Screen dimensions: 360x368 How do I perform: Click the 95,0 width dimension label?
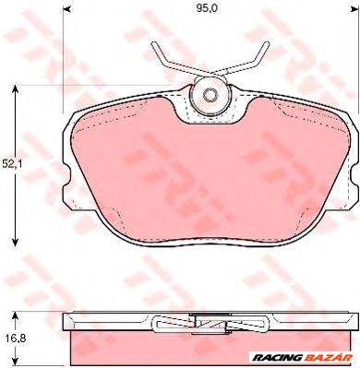tap(207, 8)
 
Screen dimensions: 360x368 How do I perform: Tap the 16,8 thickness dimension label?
tap(14, 338)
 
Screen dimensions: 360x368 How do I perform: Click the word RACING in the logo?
tap(276, 358)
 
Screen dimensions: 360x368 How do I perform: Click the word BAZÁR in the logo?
tap(327, 357)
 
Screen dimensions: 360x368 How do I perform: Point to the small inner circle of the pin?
tap(210, 95)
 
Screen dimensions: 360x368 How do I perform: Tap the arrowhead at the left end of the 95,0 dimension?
tap(66, 9)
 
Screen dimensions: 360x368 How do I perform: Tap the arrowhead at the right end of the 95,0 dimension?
tap(355, 9)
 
